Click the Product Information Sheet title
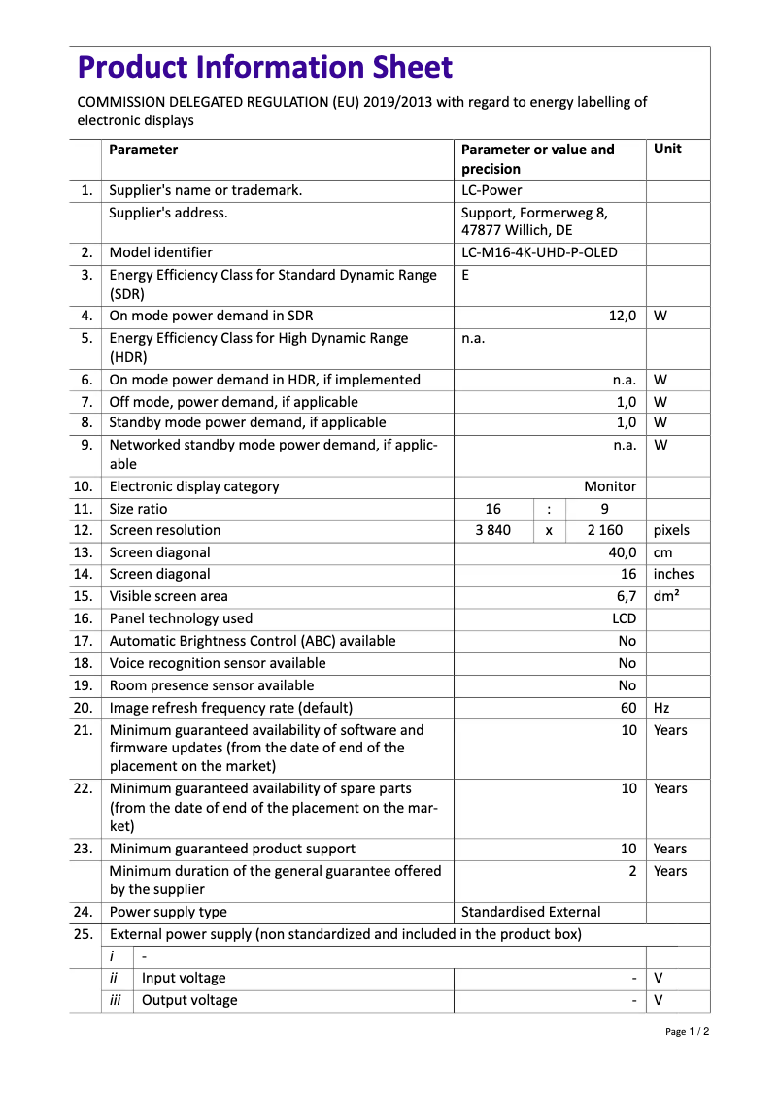[x=264, y=68]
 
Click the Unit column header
[x=667, y=150]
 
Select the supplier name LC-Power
[x=491, y=190]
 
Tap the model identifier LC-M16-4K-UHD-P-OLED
[x=539, y=252]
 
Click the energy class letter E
[x=465, y=275]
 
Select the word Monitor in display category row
[x=610, y=486]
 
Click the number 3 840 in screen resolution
[x=492, y=530]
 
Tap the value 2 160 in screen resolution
[x=605, y=530]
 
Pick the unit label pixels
[x=671, y=530]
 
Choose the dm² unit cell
[x=666, y=596]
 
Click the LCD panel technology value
[x=624, y=618]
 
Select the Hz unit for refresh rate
[x=661, y=708]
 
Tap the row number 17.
[x=84, y=641]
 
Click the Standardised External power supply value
[x=530, y=912]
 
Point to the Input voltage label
[x=184, y=978]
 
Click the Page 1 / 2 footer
[x=687, y=1032]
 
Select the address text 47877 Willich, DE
[x=516, y=231]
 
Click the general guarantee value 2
[x=632, y=871]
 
